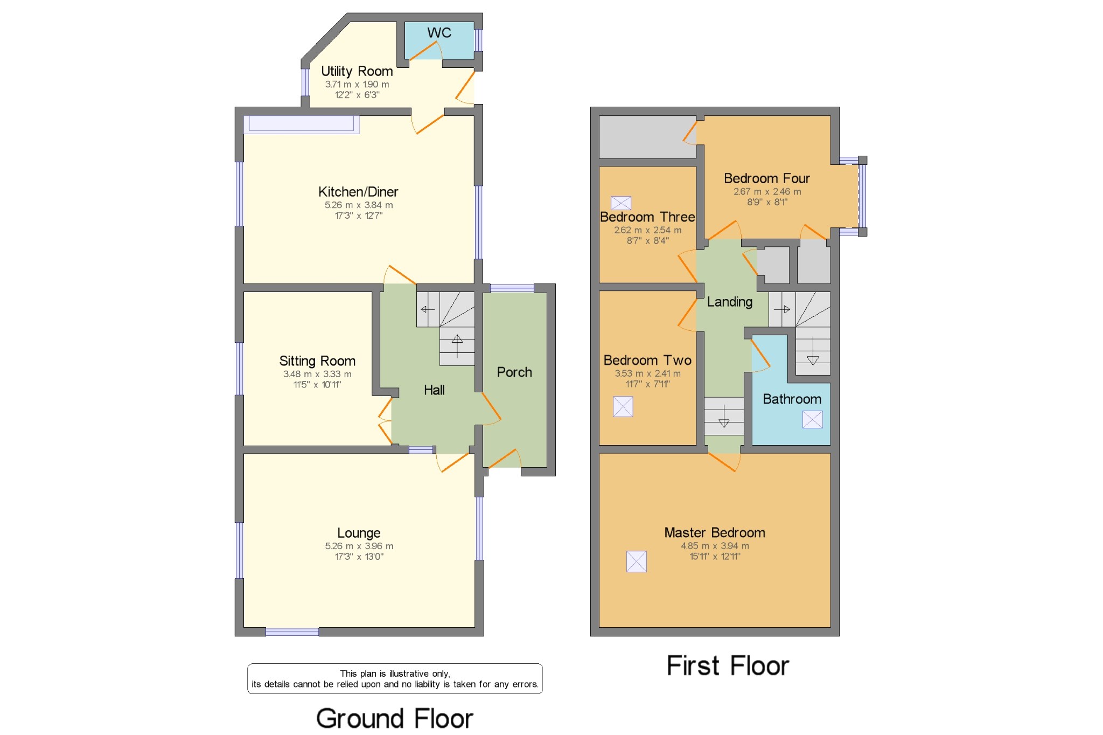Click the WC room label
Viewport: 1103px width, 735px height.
point(439,33)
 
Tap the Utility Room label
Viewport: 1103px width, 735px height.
point(357,71)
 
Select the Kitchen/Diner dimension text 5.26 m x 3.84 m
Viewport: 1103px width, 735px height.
point(359,205)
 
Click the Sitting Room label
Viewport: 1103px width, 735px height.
point(317,361)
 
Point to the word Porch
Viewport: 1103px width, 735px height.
point(514,372)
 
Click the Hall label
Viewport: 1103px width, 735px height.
point(434,390)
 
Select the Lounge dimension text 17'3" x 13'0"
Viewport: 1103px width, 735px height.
point(359,557)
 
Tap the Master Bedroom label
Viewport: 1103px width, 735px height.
point(714,533)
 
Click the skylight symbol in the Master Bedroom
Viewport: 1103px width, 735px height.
point(636,561)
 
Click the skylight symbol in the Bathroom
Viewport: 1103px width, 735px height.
point(812,419)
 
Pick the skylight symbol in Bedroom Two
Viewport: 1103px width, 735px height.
point(623,406)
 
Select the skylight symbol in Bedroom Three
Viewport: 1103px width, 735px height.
point(620,203)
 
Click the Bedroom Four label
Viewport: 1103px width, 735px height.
point(766,178)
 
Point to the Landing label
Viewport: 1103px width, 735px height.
point(729,302)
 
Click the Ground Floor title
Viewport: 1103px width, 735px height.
point(394,718)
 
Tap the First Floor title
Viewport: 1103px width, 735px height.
point(728,666)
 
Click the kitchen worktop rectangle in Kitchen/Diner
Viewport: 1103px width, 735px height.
point(301,124)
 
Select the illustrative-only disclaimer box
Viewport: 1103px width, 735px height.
point(395,678)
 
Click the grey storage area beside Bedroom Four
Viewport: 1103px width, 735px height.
point(647,137)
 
